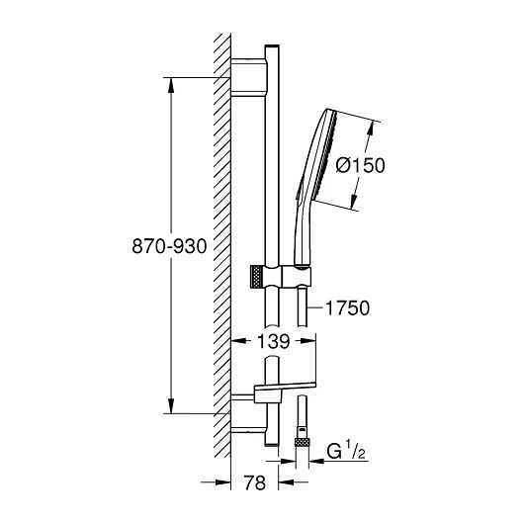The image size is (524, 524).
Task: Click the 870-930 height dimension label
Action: point(169,246)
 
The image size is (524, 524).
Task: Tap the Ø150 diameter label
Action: point(361,165)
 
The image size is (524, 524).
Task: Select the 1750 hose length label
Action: point(348,307)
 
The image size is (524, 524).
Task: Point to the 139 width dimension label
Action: point(273,341)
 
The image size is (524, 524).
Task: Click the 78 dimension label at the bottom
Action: point(255,482)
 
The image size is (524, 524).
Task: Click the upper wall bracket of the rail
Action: point(249,77)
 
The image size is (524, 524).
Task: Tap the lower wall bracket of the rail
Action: point(249,413)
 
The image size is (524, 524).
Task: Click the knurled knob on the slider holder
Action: point(256,277)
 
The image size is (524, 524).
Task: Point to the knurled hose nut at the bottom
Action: point(303,442)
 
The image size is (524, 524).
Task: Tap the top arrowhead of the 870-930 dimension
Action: point(171,85)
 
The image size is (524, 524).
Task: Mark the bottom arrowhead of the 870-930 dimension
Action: point(171,406)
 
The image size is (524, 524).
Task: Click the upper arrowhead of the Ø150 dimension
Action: point(371,128)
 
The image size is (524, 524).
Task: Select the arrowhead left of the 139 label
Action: point(239,341)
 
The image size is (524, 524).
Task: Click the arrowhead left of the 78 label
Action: point(223,482)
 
